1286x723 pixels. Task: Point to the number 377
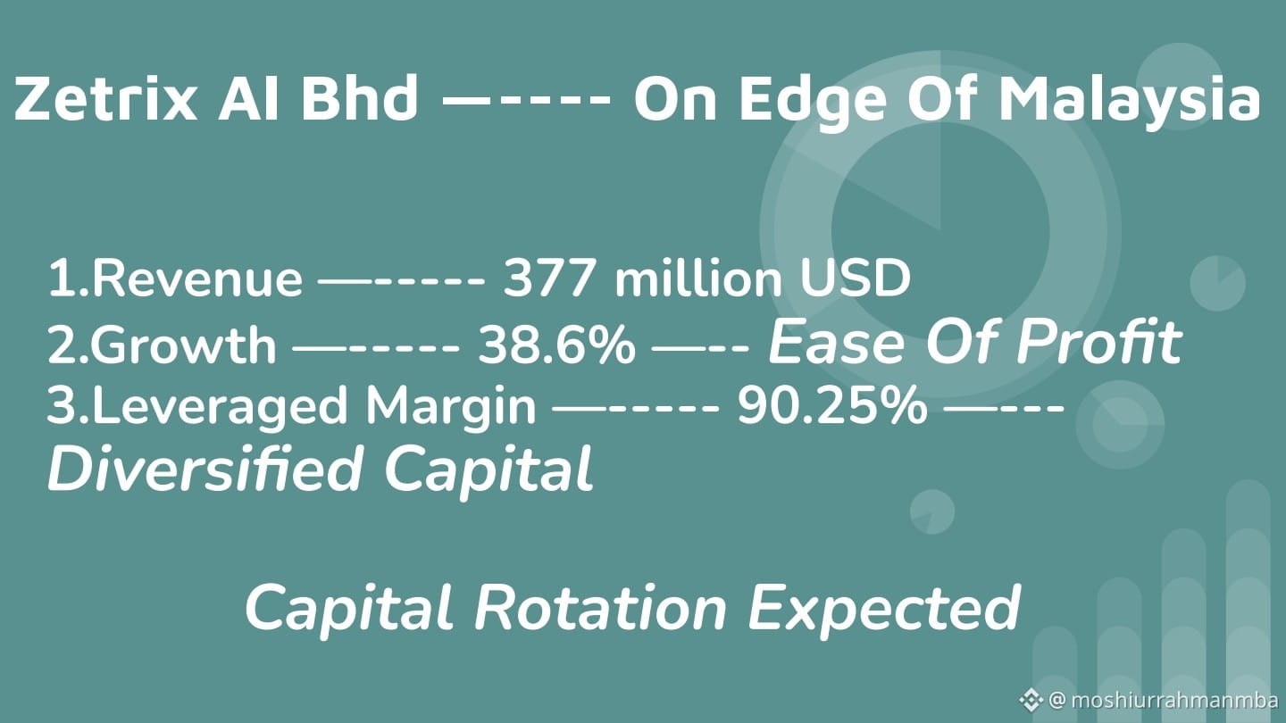pos(549,278)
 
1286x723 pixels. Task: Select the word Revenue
pos(196,279)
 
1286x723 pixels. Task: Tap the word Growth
pos(183,345)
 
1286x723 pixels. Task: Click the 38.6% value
pos(557,345)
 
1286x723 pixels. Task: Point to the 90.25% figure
pos(832,405)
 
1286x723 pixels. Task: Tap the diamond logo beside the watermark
pos(1031,700)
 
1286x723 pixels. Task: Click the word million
pos(698,278)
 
